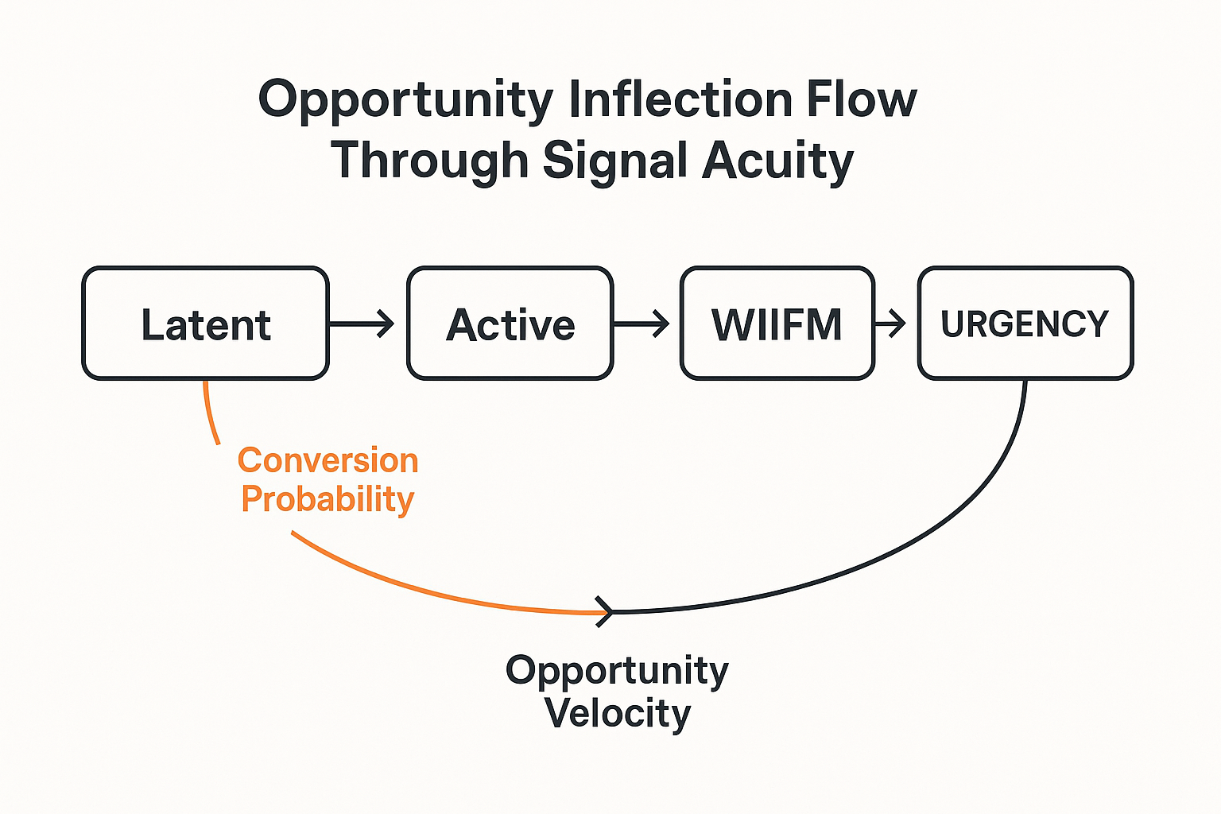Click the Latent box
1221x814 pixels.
tap(205, 324)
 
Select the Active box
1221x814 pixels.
tap(510, 324)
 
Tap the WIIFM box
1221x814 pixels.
tap(777, 324)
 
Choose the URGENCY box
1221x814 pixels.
tap(1025, 324)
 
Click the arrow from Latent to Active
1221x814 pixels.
tap(362, 324)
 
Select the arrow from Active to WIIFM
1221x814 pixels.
tap(641, 324)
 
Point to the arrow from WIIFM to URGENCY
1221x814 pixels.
tap(890, 324)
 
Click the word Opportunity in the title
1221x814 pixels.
tap(405, 101)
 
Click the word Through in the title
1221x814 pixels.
tap(429, 160)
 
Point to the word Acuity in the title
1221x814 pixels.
tap(777, 161)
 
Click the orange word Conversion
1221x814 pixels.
tap(328, 460)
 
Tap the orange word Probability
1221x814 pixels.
tap(328, 500)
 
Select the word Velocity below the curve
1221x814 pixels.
tap(618, 712)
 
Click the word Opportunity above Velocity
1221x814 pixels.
tap(617, 670)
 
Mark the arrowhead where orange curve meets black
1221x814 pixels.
tap(607, 612)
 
